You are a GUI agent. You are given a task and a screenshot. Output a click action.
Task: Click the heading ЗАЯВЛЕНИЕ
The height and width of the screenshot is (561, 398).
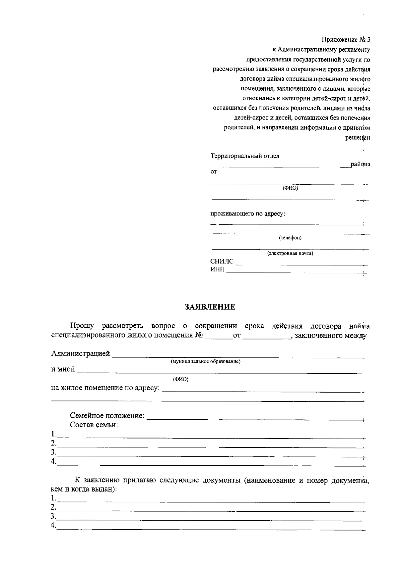click(210, 307)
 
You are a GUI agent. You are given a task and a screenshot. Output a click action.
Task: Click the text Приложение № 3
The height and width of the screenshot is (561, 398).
click(346, 40)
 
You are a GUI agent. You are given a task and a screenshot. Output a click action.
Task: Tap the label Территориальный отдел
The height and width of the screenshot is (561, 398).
click(245, 156)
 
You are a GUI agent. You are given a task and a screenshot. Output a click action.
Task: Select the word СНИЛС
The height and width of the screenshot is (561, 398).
click(222, 262)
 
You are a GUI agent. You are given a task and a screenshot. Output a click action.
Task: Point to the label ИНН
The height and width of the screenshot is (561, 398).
click(218, 270)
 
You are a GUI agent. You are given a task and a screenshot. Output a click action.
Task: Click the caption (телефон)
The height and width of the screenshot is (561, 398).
click(290, 238)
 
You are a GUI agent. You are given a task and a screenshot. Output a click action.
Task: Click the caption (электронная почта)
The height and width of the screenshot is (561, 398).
click(290, 254)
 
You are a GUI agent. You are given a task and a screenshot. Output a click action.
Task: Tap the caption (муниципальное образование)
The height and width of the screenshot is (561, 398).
click(205, 361)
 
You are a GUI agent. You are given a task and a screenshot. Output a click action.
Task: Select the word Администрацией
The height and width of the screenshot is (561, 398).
click(81, 353)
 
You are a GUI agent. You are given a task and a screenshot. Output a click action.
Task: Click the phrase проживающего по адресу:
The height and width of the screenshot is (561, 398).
click(248, 213)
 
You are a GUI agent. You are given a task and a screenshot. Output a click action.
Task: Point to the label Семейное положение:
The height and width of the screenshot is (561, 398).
click(107, 416)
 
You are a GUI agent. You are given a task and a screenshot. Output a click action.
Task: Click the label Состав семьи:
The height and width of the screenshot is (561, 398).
click(94, 425)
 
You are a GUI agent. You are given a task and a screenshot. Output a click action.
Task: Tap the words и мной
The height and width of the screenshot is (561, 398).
click(63, 369)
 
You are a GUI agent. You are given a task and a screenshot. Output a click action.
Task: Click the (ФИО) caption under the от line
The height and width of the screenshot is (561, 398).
click(290, 188)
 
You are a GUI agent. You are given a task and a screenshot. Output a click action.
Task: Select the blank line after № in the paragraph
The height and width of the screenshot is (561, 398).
click(219, 338)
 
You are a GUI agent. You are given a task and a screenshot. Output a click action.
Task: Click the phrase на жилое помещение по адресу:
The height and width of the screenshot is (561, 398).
click(105, 388)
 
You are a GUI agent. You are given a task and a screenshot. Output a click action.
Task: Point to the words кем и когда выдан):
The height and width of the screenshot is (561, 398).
click(84, 489)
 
